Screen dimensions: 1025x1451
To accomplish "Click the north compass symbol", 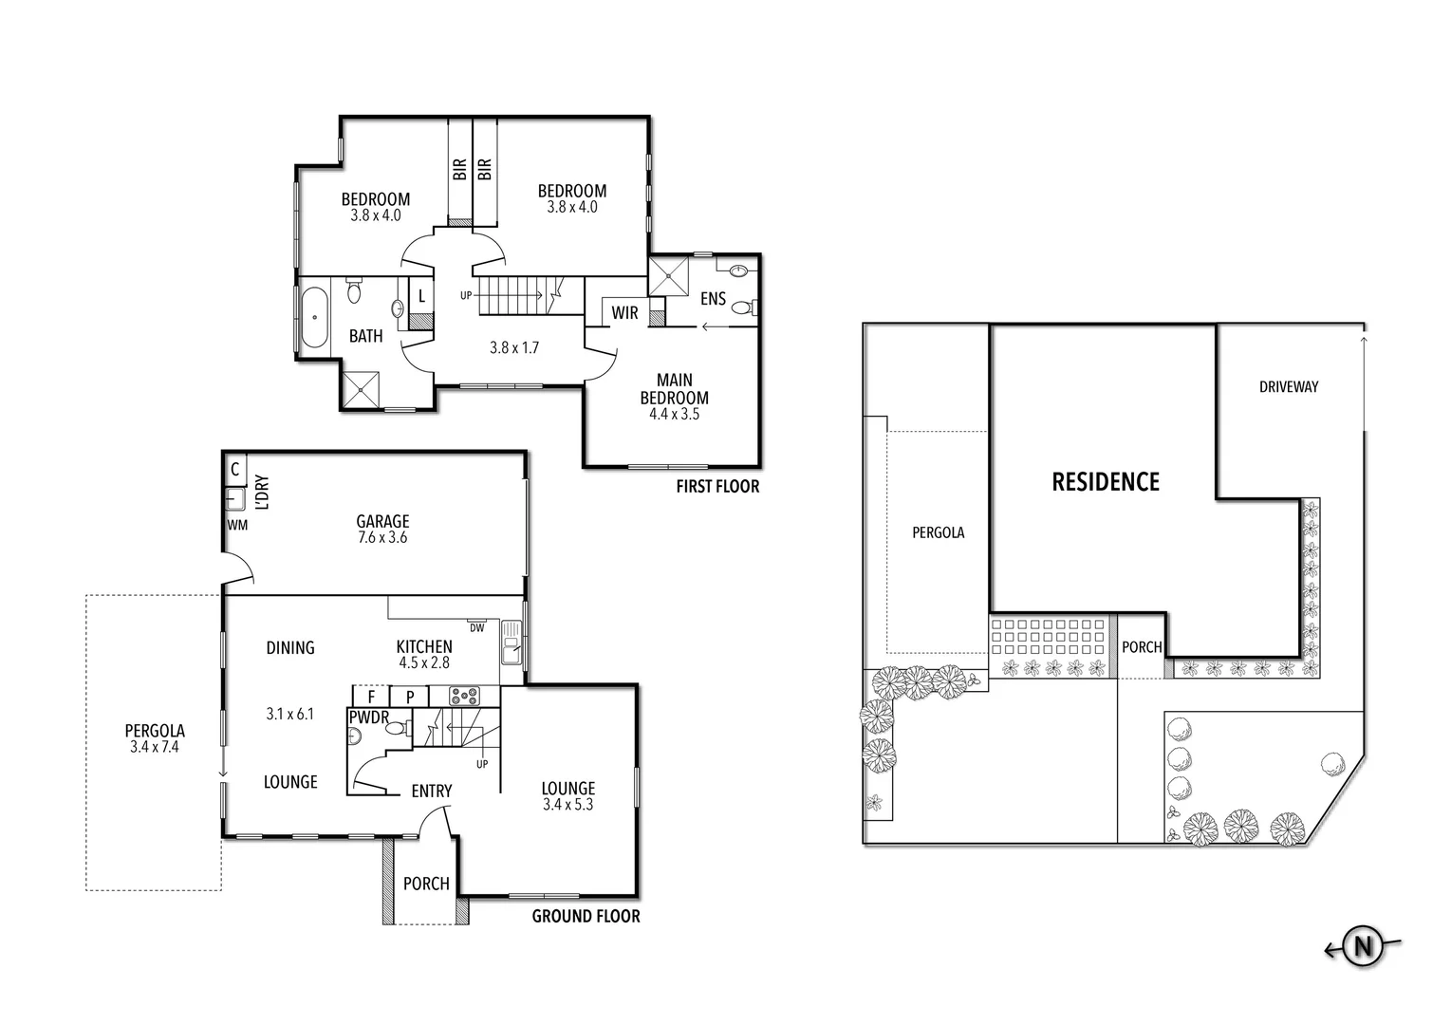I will click(1363, 945).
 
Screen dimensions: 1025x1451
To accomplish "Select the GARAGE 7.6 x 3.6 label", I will click(382, 529).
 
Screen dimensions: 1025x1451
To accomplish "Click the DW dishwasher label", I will click(476, 627).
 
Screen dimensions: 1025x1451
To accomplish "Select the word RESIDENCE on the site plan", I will click(1106, 482).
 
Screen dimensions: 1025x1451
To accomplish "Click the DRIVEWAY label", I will click(1288, 387).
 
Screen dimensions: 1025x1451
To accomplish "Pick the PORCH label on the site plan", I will click(1141, 647).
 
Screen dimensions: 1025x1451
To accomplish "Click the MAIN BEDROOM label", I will click(674, 397).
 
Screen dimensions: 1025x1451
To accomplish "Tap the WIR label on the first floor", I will click(624, 313).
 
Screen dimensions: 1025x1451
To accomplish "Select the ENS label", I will click(713, 299).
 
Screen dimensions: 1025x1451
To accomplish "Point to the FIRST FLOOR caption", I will click(717, 487).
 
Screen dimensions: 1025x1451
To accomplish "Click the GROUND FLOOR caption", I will click(586, 916).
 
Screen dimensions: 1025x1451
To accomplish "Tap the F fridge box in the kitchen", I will click(371, 696).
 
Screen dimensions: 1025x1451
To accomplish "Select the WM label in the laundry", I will click(237, 525).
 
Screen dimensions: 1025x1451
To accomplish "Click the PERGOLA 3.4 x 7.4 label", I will click(155, 738).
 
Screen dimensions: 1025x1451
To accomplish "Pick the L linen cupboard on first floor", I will click(421, 296).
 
